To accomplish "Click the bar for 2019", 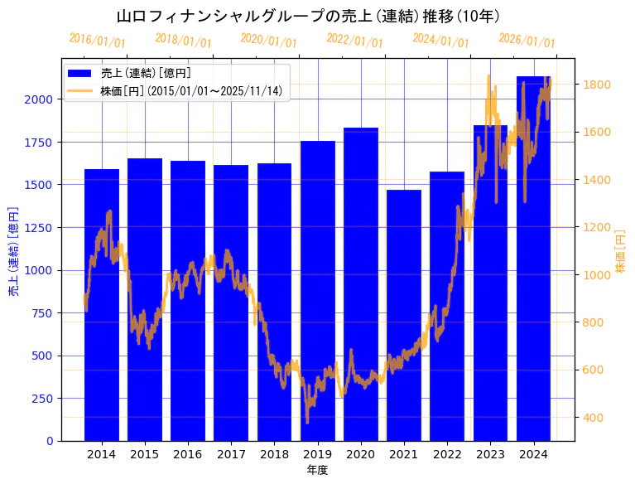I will [318, 290].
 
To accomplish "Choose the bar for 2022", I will [447, 306].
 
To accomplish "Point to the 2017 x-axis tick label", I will [231, 454].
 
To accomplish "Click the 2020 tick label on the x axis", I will [361, 454].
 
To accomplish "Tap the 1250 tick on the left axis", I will [41, 227].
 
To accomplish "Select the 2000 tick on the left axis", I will [41, 99].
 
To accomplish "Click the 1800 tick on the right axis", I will [597, 85].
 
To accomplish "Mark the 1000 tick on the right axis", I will [597, 275].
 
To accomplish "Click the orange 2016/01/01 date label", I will [98, 41].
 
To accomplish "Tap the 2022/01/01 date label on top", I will [355, 41].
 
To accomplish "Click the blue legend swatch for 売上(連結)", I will [81, 74].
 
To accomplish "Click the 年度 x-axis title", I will [317, 470].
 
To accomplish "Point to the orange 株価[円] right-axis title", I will [620, 250].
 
